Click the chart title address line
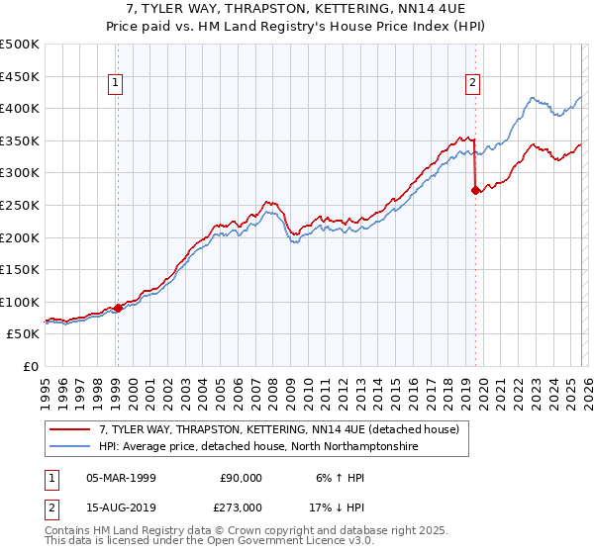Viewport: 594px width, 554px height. (x=297, y=9)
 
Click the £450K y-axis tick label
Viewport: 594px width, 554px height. (x=21, y=76)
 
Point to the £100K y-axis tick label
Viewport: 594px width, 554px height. (x=21, y=302)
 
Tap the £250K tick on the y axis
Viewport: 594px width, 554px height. (x=21, y=205)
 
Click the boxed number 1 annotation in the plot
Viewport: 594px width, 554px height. (x=117, y=84)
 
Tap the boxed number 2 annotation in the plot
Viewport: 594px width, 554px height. (x=473, y=84)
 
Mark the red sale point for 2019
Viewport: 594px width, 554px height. (x=476, y=191)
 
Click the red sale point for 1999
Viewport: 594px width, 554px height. (x=118, y=308)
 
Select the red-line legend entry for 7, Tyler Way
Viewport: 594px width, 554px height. (x=278, y=430)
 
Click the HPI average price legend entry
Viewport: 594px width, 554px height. (x=258, y=447)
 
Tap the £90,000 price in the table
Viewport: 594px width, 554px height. (x=241, y=477)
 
